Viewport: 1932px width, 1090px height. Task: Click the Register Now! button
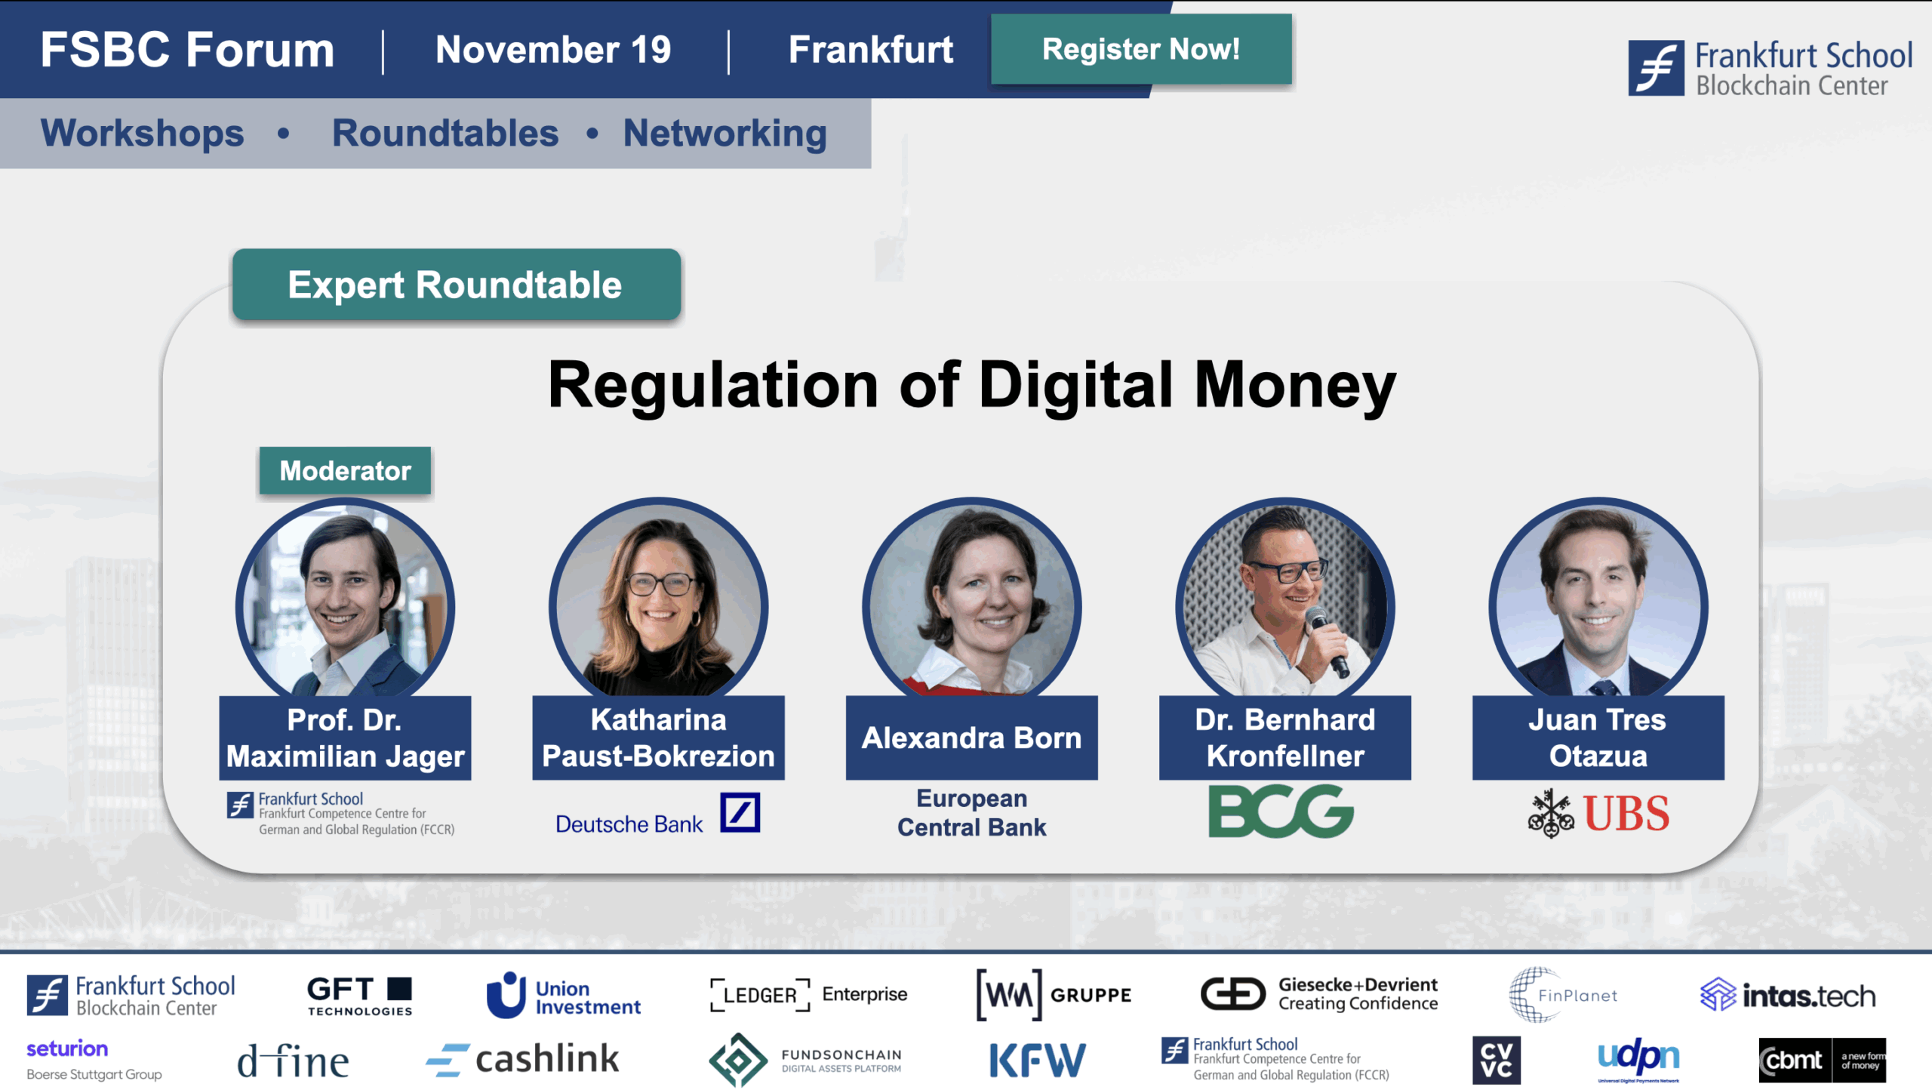tap(1140, 49)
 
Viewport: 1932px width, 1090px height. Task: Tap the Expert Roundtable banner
tap(456, 285)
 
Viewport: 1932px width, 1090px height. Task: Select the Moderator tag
tap(345, 471)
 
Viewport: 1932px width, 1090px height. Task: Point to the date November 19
tap(553, 50)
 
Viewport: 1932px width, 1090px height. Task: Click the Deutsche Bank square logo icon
tap(740, 812)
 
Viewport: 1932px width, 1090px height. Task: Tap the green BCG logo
tap(1281, 811)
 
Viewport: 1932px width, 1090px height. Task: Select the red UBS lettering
tap(1626, 814)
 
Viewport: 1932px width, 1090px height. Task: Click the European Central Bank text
tap(971, 813)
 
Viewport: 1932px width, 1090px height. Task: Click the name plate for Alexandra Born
tap(971, 737)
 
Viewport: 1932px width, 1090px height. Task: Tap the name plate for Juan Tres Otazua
tap(1598, 737)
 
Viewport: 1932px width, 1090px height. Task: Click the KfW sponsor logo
tap(1037, 1060)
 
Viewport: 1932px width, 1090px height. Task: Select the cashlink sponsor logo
tap(522, 1059)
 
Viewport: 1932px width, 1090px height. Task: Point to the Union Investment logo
tap(563, 995)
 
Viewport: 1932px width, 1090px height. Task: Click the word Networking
tap(724, 133)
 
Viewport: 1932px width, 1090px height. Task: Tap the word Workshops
tap(143, 133)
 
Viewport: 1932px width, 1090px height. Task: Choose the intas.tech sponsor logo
tap(1787, 996)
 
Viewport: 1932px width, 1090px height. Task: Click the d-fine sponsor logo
tap(293, 1061)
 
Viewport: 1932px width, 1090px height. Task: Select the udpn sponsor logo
tap(1638, 1058)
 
